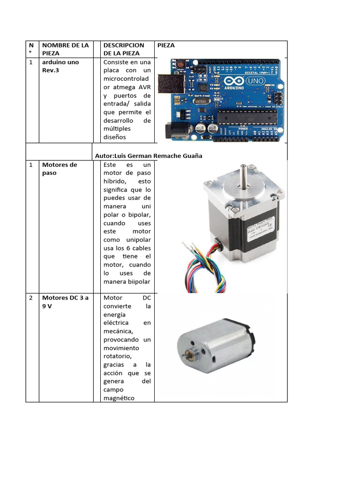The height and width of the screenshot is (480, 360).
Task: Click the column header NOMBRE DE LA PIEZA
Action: (x=65, y=49)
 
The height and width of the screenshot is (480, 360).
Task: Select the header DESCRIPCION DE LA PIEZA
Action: (x=124, y=49)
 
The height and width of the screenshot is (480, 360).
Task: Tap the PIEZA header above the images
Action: (x=166, y=45)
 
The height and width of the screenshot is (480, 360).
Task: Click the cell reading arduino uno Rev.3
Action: (x=60, y=66)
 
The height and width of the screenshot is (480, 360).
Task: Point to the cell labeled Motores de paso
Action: (x=60, y=169)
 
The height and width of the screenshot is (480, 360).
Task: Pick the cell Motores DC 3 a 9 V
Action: (x=65, y=301)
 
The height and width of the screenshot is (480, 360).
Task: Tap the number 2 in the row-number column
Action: (x=30, y=298)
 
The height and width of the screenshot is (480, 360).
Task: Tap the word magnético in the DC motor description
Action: (x=119, y=398)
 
